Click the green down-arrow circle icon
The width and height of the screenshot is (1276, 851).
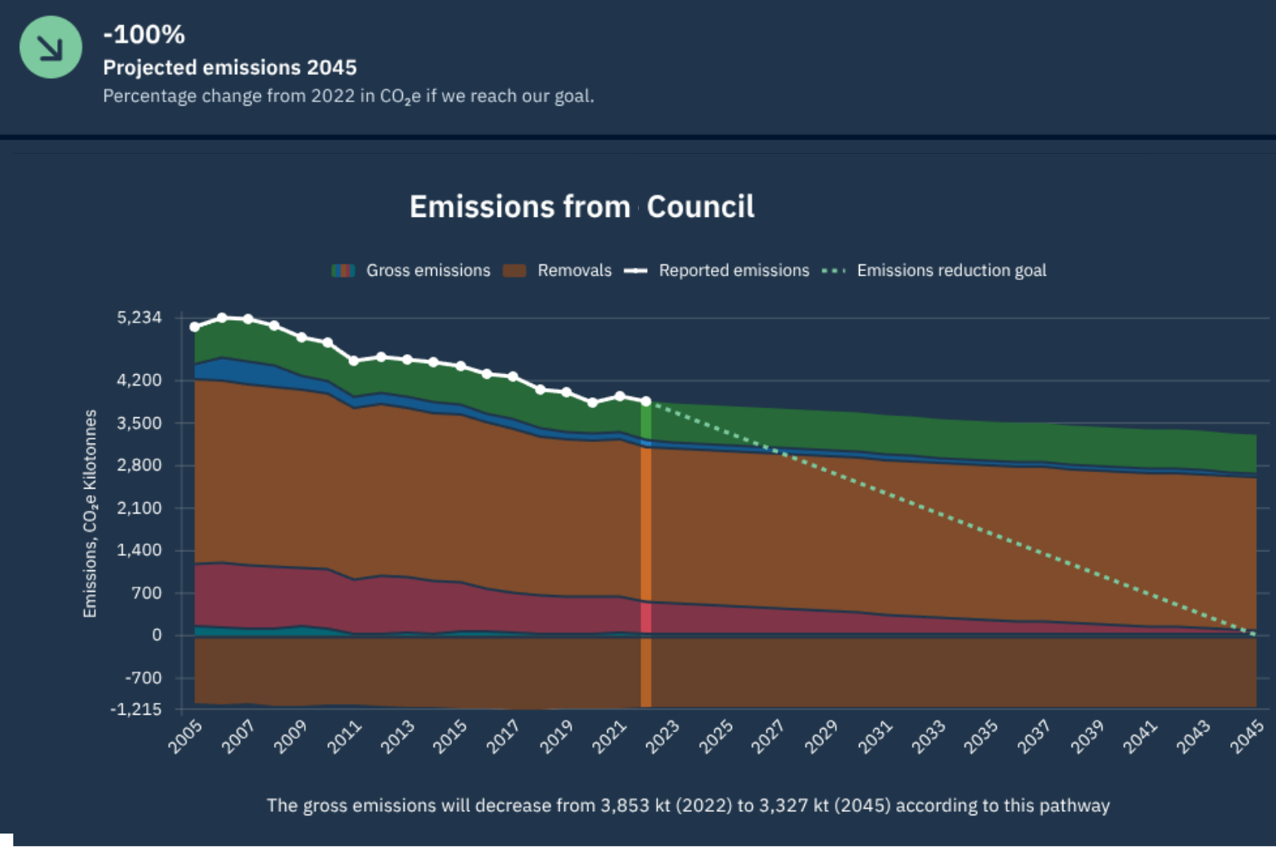pos(51,47)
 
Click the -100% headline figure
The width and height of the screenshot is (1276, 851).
pos(144,34)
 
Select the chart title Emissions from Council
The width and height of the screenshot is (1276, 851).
pos(582,206)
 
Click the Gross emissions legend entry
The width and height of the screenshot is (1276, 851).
pos(411,270)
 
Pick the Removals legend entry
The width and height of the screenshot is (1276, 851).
pos(557,270)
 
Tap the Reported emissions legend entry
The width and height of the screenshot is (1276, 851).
pos(717,270)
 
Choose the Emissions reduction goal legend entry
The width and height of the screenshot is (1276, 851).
pos(934,270)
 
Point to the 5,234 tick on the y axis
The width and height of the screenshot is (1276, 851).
pos(140,317)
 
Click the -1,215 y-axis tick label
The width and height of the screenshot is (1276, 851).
pos(136,709)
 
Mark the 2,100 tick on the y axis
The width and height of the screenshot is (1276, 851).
pos(140,508)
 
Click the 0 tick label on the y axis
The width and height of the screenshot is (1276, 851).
pos(156,635)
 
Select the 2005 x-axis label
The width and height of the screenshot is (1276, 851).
pos(185,736)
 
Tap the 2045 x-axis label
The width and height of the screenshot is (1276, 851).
pos(1247,736)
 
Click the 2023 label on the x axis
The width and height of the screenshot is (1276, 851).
pos(663,736)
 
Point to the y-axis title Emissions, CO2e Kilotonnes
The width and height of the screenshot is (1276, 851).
pos(90,514)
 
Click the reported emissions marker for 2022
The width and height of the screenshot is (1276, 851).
pos(645,401)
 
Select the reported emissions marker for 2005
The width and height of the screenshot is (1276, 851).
pos(195,327)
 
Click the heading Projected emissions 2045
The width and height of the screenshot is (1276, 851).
pos(229,67)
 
